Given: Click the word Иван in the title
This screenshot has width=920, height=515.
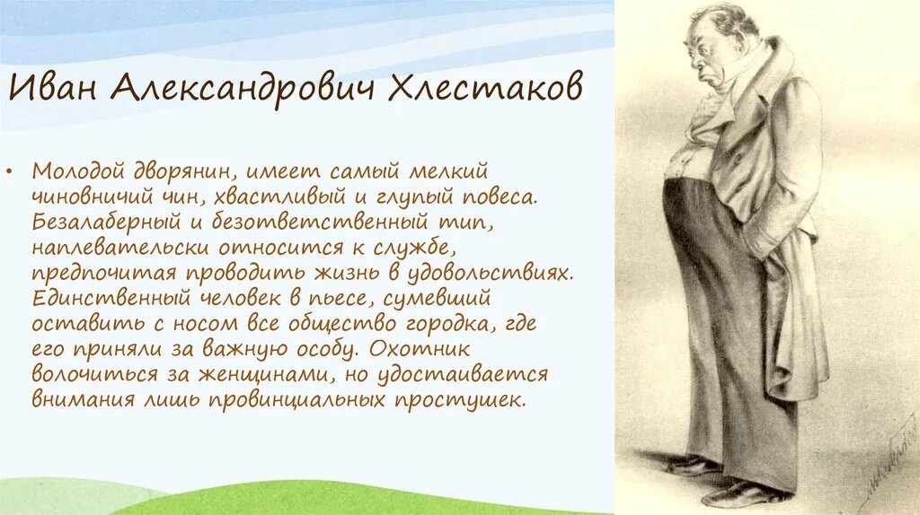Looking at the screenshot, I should pos(56,88).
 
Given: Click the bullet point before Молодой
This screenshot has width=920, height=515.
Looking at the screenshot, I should pos(21,170).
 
